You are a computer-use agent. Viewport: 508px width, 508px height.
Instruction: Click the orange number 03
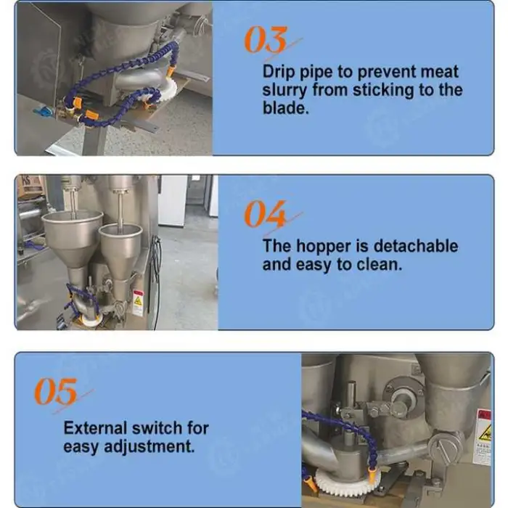(266, 39)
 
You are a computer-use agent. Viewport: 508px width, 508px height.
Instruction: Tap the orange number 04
(266, 213)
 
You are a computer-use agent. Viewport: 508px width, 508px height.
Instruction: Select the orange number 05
(56, 391)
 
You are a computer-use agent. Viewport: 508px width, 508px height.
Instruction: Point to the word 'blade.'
(285, 107)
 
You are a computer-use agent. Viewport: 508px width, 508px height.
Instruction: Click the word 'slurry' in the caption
(284, 91)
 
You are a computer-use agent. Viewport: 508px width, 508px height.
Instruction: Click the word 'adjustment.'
(149, 447)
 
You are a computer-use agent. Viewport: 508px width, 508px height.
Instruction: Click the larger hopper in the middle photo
(73, 239)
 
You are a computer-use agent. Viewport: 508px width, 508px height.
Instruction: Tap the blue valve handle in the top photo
(42, 112)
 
